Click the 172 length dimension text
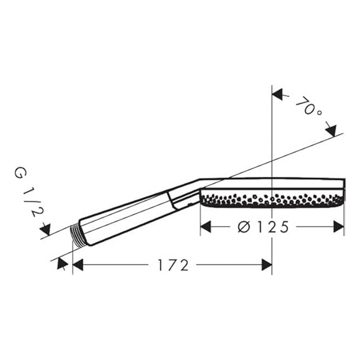[x=173, y=265]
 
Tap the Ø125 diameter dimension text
[x=263, y=227]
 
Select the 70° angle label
[x=308, y=107]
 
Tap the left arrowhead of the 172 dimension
[x=78, y=265]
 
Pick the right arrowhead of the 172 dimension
[x=267, y=265]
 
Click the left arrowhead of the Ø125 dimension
[x=206, y=227]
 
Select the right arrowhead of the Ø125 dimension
[x=338, y=227]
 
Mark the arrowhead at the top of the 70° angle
[x=277, y=95]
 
